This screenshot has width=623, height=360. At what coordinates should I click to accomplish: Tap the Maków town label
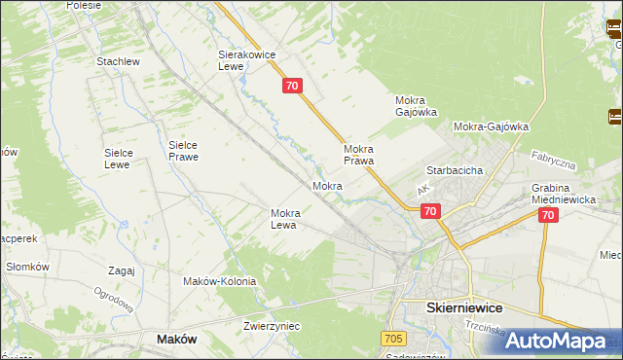click(x=176, y=339)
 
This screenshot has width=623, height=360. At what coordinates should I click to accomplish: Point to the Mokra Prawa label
click(x=359, y=155)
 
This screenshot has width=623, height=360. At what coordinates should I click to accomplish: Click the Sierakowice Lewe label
click(x=247, y=61)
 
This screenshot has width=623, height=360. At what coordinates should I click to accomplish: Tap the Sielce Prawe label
click(x=183, y=150)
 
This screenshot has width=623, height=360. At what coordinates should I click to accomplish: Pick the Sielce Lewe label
click(x=125, y=159)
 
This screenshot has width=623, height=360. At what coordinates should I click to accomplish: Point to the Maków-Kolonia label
click(x=219, y=281)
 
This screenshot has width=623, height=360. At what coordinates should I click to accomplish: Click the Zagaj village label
click(x=122, y=270)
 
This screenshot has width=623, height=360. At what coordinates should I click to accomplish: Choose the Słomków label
click(x=27, y=267)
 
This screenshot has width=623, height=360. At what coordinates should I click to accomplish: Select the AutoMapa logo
click(x=555, y=341)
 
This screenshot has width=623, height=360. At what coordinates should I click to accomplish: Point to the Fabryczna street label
click(x=554, y=160)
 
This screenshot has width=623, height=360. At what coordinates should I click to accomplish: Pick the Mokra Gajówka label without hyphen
click(x=416, y=106)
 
